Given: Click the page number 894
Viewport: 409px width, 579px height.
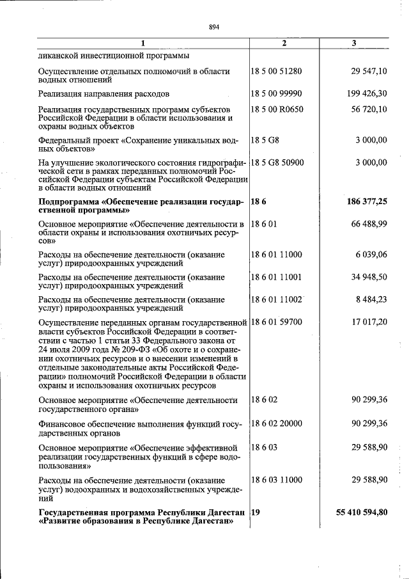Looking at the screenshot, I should (214, 27).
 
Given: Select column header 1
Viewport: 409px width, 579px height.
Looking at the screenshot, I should (143, 43).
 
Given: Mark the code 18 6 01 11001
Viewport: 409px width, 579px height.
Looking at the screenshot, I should (277, 277).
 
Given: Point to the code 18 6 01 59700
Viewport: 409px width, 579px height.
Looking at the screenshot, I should (277, 322).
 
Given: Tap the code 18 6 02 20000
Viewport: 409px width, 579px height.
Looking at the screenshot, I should (277, 423).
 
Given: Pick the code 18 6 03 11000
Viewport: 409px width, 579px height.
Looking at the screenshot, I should (277, 480).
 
